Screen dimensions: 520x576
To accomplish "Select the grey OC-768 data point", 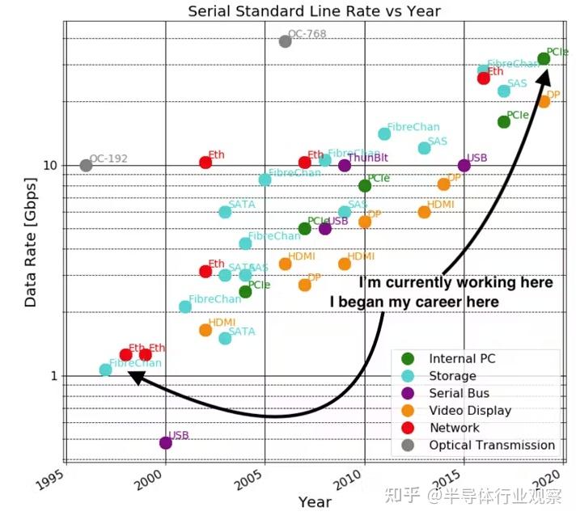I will click(285, 41).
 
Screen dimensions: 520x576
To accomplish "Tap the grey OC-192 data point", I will click(87, 166).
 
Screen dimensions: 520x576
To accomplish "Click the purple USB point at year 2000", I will click(166, 442).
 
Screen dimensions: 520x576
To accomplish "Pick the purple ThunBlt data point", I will click(345, 166).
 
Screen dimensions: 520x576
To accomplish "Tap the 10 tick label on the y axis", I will click(49, 166).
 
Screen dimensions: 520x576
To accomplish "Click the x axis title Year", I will click(314, 501).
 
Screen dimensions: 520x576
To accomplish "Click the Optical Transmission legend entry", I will click(491, 445).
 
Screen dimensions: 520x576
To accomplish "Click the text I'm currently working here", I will click(456, 283).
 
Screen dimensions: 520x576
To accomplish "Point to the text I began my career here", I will click(413, 302).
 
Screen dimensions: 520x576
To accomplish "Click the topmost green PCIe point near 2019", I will click(544, 58).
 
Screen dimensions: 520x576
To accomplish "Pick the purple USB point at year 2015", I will click(464, 166).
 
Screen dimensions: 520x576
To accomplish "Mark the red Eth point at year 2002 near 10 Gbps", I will click(205, 163).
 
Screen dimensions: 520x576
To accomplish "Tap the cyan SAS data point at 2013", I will click(424, 148).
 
